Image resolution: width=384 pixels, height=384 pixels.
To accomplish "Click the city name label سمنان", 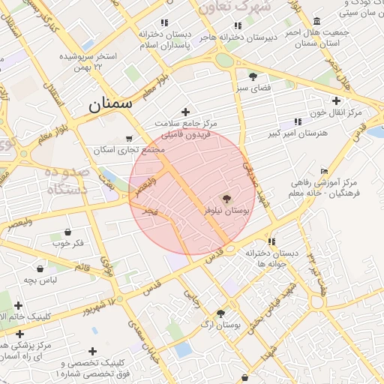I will click(109, 104).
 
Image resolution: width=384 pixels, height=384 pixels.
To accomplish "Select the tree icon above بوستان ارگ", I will click(220, 313).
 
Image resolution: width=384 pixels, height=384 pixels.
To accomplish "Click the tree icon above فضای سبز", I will click(253, 76).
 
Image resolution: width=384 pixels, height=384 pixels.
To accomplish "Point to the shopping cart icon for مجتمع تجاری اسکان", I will click(129, 139).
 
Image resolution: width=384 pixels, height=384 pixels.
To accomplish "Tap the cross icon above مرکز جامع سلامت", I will click(185, 112).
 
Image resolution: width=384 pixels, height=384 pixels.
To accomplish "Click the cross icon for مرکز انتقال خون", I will click(336, 100).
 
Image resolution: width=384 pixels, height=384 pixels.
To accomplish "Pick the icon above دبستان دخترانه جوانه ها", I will click(271, 241).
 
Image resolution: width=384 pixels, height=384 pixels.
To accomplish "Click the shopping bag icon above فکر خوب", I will click(68, 232).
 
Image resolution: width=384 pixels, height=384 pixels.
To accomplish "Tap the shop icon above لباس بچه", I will click(40, 268).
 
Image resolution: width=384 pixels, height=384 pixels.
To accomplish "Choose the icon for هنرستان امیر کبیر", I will click(298, 121).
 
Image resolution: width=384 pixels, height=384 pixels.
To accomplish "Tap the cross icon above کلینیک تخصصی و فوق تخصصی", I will click(92, 350).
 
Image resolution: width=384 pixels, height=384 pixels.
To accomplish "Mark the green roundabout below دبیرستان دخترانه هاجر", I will click(223, 60).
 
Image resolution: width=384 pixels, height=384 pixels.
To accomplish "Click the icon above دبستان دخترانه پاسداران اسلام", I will click(164, 22).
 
